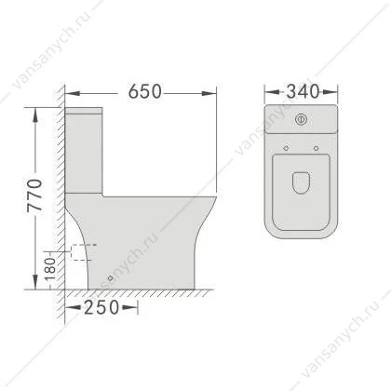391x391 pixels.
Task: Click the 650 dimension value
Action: pyautogui.click(x=145, y=91)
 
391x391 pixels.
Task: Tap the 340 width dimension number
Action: pyautogui.click(x=303, y=91)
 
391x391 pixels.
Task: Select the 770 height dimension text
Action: pyautogui.click(x=34, y=195)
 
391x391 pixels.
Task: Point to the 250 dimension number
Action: pyautogui.click(x=101, y=307)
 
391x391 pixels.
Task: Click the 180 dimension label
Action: pyautogui.click(x=50, y=269)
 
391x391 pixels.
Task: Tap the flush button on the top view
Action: pyautogui.click(x=301, y=119)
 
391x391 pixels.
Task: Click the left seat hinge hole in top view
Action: pyautogui.click(x=286, y=148)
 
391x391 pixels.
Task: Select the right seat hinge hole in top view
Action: pyautogui.click(x=317, y=148)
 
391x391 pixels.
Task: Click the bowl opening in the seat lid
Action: pyautogui.click(x=301, y=183)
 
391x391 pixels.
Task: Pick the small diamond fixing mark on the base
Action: pyautogui.click(x=111, y=277)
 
